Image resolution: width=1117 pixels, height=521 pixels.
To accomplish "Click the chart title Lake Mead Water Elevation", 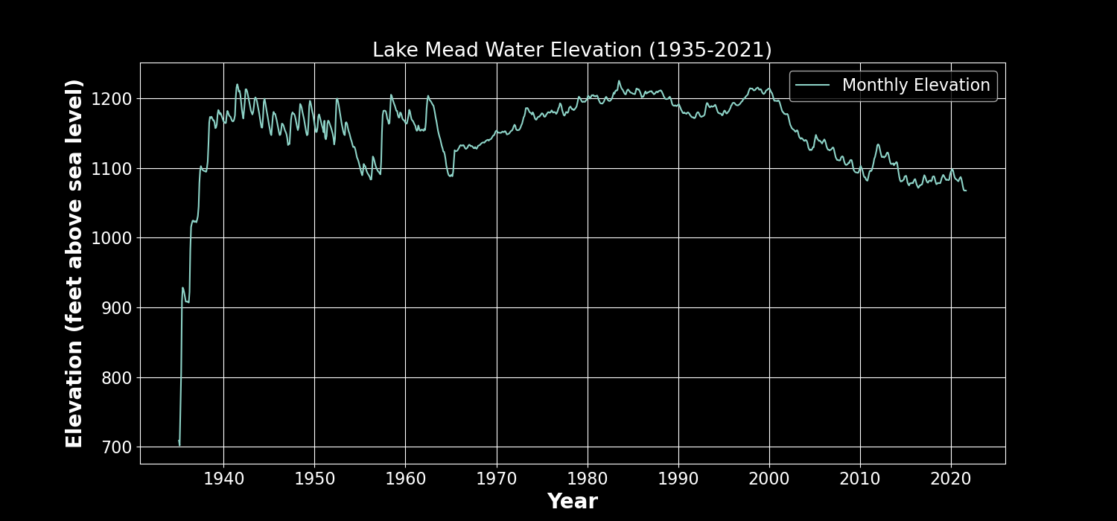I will (x=572, y=50).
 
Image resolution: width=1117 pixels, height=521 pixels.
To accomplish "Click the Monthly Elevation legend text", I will (x=916, y=86).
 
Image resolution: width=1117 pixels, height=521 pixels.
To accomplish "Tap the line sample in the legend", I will (x=813, y=86).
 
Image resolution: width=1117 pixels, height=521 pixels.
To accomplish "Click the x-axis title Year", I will (x=572, y=502).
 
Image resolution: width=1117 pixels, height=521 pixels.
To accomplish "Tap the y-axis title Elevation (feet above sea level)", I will (x=74, y=263).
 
